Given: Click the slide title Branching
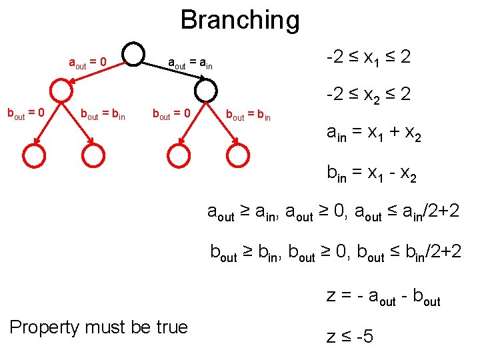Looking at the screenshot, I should pyautogui.click(x=240, y=20).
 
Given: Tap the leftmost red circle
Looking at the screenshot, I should pyautogui.click(x=33, y=156).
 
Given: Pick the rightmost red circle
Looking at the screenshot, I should pyautogui.click(x=238, y=156).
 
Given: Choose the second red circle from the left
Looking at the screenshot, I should pyautogui.click(x=93, y=156).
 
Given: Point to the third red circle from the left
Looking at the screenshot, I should pyautogui.click(x=178, y=156).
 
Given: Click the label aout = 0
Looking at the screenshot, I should pyautogui.click(x=88, y=63).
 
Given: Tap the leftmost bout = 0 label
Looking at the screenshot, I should pyautogui.click(x=25, y=114).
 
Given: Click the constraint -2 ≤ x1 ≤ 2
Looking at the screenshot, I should pyautogui.click(x=368, y=58).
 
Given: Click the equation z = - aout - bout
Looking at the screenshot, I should pyautogui.click(x=383, y=297).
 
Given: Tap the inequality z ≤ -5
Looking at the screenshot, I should pyautogui.click(x=350, y=336).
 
